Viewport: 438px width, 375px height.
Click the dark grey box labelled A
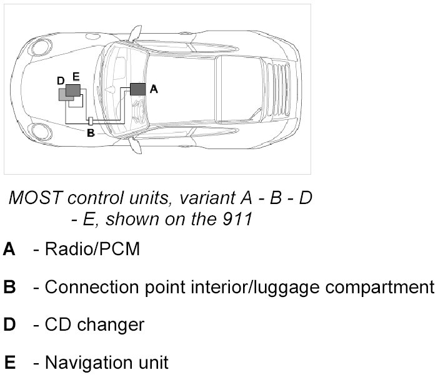[138, 89]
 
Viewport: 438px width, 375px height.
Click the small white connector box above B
[91, 120]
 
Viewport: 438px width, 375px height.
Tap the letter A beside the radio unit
[154, 90]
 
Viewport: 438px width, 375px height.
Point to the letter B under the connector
[90, 132]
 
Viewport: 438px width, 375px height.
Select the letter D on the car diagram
[61, 81]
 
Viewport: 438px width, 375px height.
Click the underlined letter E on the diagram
[76, 77]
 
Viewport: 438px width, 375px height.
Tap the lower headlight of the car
[41, 131]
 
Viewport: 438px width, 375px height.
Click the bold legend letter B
[9, 287]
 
